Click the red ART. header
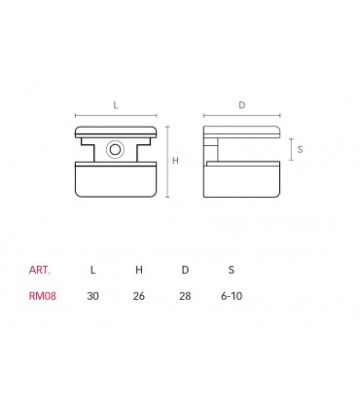(41, 268)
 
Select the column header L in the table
(92, 268)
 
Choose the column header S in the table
(231, 268)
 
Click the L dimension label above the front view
(116, 104)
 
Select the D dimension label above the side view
(242, 104)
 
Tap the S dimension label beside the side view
(301, 149)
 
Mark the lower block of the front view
(116, 181)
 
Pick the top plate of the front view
(116, 131)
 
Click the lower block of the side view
(242, 182)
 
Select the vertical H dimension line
(167, 161)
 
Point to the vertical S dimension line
(292, 149)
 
